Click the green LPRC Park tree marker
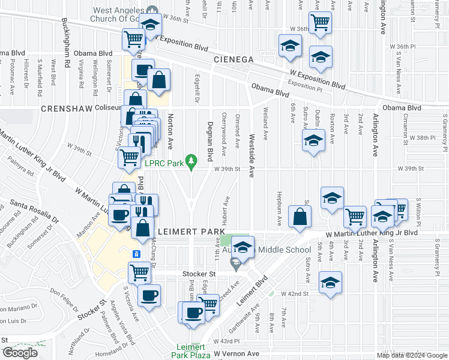tap(191, 160)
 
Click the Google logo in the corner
tap(20, 352)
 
